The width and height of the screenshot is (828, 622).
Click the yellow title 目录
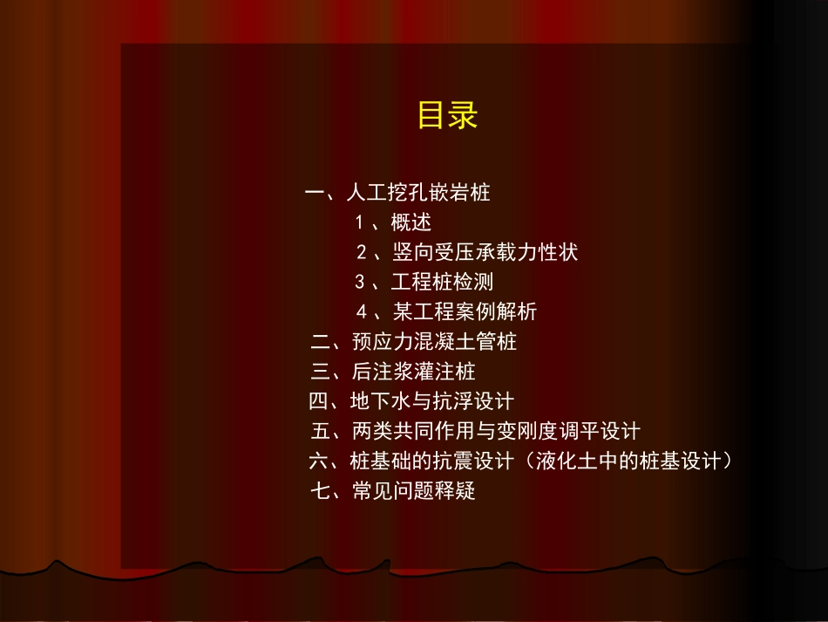pos(448,115)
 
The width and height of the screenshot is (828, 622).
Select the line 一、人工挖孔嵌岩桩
pos(398,193)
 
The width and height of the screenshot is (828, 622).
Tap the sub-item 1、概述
pos(393,222)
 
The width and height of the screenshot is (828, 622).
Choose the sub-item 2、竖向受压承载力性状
pos(467,253)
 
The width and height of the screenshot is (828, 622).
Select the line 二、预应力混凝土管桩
pos(414,341)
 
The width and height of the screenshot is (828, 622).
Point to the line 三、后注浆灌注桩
pos(393,372)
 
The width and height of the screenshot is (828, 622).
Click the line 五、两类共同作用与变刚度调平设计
pos(475,431)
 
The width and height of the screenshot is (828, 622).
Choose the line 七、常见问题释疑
pos(393,491)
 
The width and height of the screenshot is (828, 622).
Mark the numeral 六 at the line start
pos(319,461)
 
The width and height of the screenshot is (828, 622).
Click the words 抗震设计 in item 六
pos(474,461)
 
